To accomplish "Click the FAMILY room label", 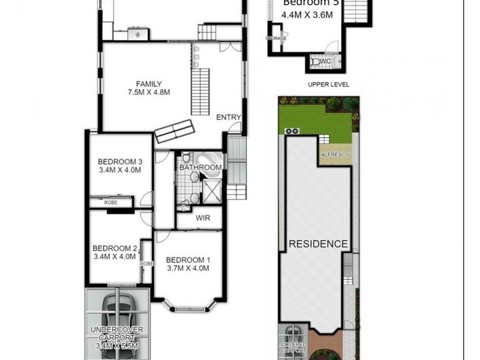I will [148, 83].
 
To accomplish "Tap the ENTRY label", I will [229, 118].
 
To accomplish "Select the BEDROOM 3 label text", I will [120, 161].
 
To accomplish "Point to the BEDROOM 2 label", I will [115, 248].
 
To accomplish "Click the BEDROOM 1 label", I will [188, 259].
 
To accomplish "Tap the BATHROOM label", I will [200, 167].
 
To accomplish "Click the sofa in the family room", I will [174, 131].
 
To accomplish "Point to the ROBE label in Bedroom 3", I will [111, 203].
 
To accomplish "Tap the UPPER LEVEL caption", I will [328, 85].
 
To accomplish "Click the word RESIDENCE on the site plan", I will [318, 244].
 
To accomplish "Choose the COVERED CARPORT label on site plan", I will [293, 347].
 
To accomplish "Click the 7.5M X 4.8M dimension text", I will [148, 92].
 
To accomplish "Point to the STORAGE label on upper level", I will [276, 38].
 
